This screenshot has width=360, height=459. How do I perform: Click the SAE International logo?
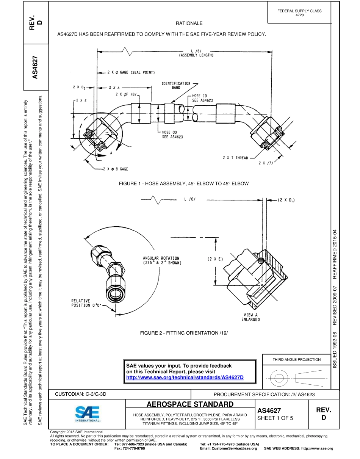(88, 414)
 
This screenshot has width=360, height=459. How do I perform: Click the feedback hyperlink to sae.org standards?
(185, 378)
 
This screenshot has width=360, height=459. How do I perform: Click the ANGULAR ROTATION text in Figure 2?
(161, 260)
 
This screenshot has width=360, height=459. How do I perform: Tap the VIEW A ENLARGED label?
(250, 317)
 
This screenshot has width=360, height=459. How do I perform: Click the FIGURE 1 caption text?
(184, 183)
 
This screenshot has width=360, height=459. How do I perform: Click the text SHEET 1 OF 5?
(275, 418)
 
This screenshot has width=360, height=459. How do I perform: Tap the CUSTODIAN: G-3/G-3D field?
(81, 394)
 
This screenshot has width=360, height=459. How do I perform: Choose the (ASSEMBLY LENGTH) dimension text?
(196, 55)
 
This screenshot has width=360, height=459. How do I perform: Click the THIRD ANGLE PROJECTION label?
(296, 359)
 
